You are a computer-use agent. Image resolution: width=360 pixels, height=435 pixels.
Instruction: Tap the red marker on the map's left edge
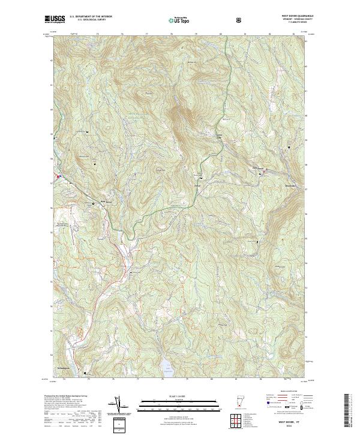click(x=58, y=176)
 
